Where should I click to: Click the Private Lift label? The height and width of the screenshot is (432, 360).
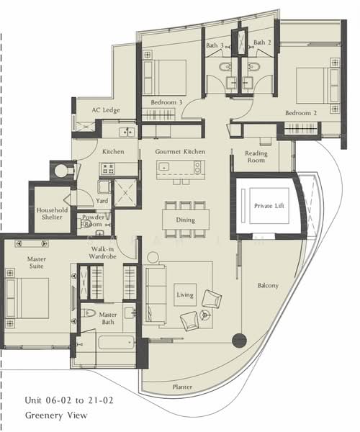tap(269, 206)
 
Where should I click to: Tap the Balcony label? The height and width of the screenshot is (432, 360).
tap(268, 285)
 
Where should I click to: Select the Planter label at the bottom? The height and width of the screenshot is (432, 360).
tap(182, 387)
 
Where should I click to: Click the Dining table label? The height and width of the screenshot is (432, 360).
tap(185, 220)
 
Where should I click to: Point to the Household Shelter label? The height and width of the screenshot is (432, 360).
tap(52, 214)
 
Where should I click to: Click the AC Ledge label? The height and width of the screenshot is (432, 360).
tap(106, 110)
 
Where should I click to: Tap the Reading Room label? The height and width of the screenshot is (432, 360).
tap(256, 156)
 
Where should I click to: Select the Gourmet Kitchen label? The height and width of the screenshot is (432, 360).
tap(180, 151)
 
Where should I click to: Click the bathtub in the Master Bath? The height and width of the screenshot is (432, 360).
tap(116, 343)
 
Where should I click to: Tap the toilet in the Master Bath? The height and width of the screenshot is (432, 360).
tap(88, 313)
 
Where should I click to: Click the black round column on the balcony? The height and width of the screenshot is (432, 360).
tap(239, 341)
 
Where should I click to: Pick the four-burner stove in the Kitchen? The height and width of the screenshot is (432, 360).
tap(108, 168)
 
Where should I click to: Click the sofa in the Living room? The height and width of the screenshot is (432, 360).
tap(155, 294)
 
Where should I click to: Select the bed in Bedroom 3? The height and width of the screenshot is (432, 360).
tap(165, 78)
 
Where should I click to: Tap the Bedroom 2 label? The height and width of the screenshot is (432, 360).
tap(301, 113)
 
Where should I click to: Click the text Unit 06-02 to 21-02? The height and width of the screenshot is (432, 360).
tap(69, 400)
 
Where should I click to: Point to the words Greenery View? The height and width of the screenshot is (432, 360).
tap(56, 415)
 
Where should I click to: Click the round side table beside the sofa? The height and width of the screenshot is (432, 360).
tap(153, 258)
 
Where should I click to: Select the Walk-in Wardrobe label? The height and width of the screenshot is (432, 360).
tap(102, 253)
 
